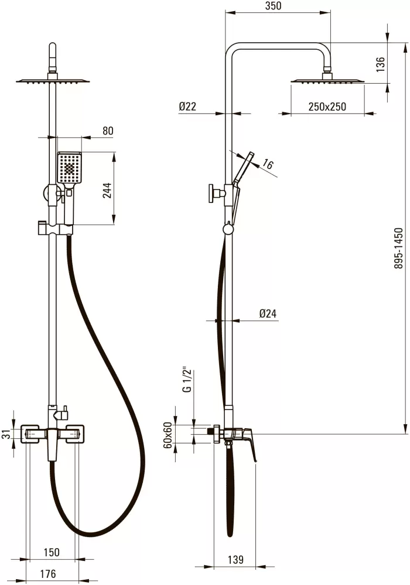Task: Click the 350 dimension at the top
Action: [x=274, y=6]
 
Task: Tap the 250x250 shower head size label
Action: [x=327, y=106]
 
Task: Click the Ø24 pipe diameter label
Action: [x=268, y=314]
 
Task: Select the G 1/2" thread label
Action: [x=187, y=381]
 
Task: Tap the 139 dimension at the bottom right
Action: [x=236, y=560]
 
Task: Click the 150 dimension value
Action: [x=52, y=553]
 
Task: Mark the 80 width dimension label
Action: [x=108, y=130]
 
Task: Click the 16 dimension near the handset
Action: [x=268, y=164]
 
